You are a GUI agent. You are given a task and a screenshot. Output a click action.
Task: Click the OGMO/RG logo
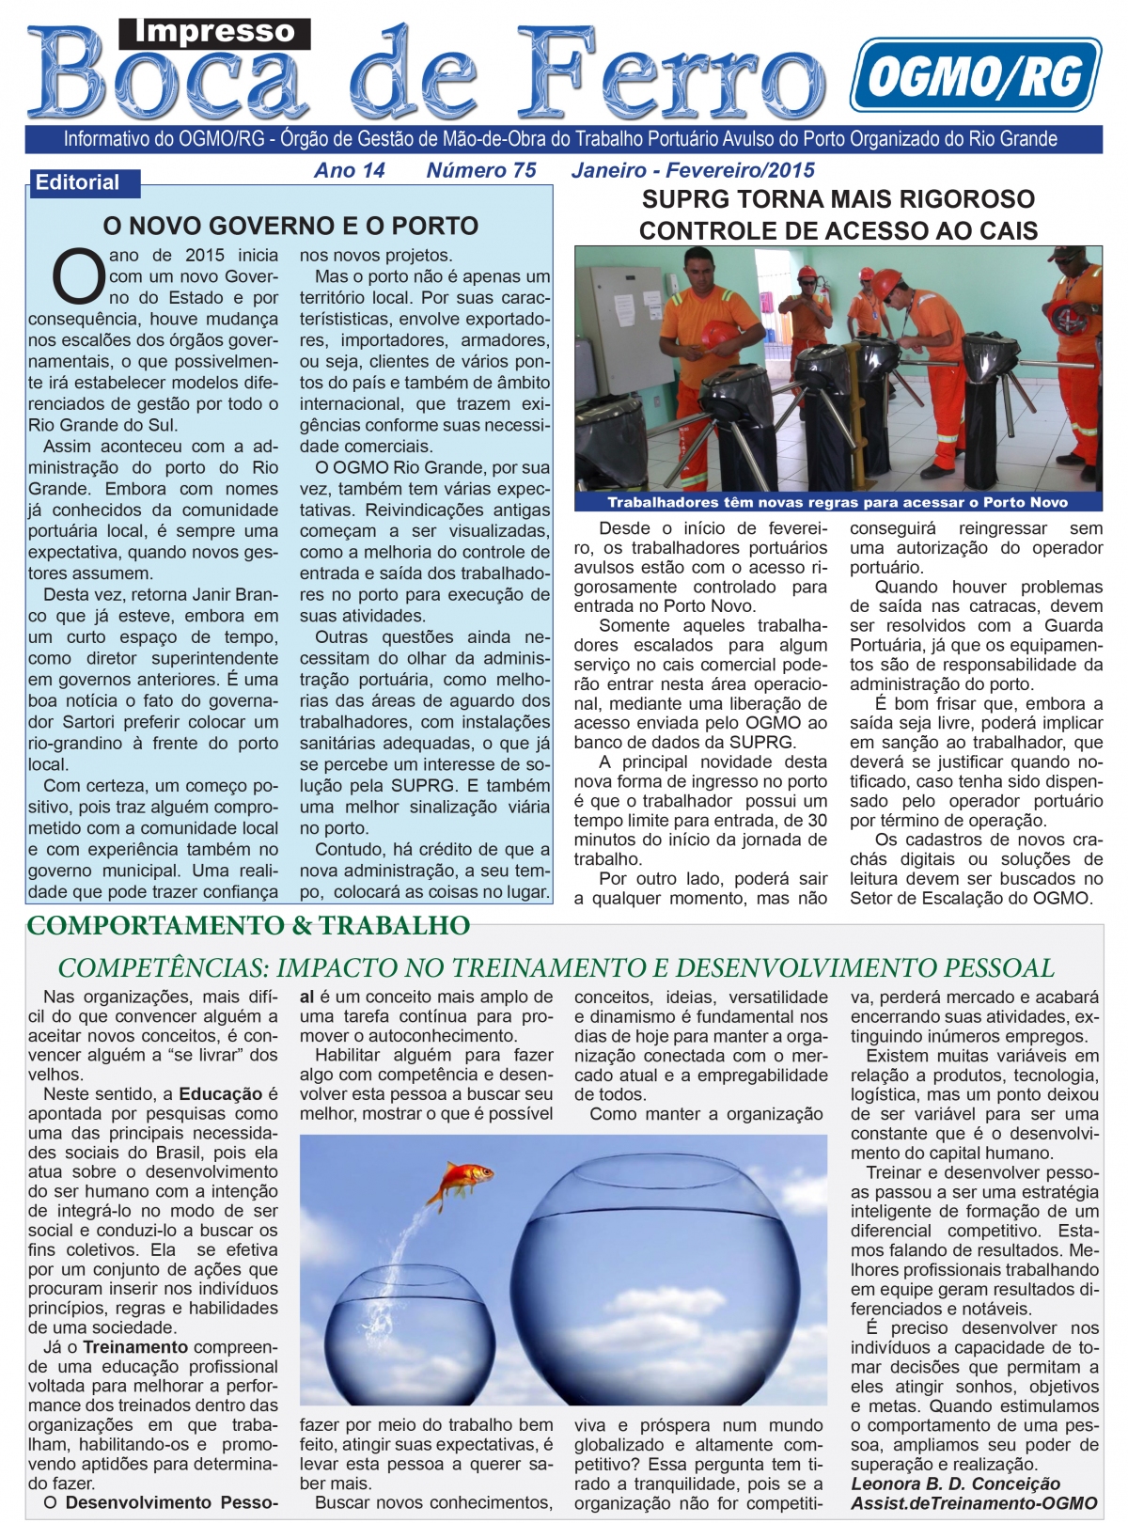(975, 75)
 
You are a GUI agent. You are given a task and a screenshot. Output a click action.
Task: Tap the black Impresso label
(214, 33)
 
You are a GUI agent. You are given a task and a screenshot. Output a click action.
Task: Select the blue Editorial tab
(79, 182)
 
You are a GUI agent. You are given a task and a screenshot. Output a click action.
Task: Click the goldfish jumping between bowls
(462, 1179)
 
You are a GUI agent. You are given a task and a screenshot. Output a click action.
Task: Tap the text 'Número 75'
(481, 170)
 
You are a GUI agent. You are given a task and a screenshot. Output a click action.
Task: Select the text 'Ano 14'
(350, 170)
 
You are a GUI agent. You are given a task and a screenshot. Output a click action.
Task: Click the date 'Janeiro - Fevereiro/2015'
(693, 170)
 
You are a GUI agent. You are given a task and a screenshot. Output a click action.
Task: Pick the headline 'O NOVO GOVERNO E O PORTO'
(290, 226)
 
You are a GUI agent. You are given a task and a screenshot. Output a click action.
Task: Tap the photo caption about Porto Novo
(838, 502)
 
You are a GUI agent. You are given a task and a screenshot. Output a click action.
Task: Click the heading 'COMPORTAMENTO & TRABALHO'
(248, 926)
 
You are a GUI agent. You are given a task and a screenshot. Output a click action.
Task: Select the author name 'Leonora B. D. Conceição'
(955, 1484)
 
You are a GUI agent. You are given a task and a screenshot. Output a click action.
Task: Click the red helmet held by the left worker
(721, 336)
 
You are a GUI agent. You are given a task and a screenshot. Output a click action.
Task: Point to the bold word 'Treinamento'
(135, 1347)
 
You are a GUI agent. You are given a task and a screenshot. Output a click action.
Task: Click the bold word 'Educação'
(221, 1094)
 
